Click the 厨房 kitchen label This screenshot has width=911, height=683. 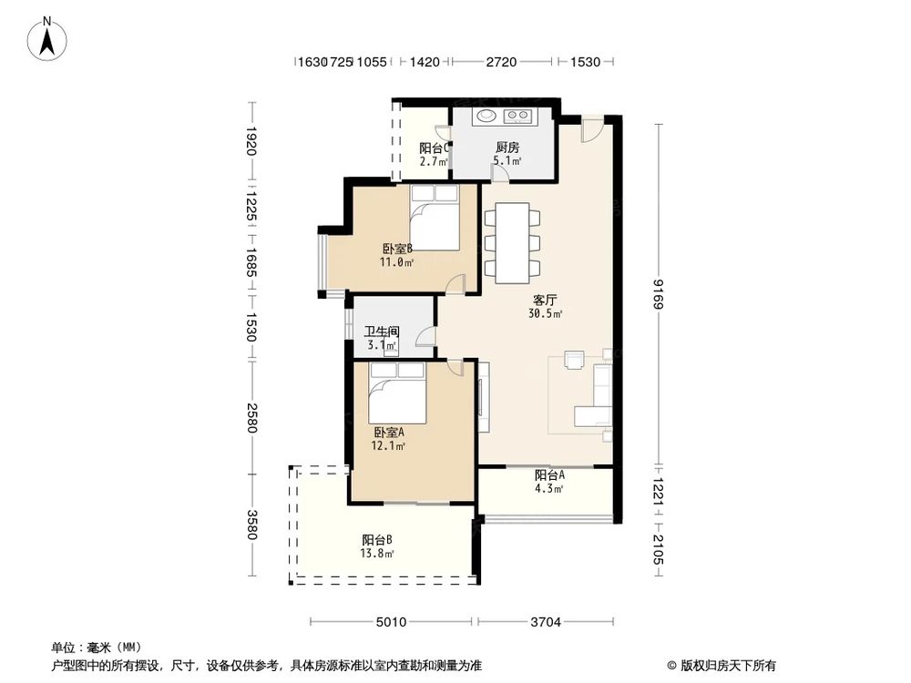[x=507, y=148]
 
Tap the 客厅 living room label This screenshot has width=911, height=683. [x=545, y=300]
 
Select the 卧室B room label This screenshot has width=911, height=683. [x=397, y=249]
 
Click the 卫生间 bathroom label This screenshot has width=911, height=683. [x=382, y=332]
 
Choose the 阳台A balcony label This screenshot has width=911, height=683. [x=549, y=474]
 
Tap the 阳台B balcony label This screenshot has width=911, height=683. [x=377, y=539]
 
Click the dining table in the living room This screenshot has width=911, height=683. [x=512, y=243]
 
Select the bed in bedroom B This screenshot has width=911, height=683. [x=434, y=218]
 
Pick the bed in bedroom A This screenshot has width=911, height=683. [x=397, y=395]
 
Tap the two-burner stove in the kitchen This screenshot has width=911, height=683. [x=518, y=116]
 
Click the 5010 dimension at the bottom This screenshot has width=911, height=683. [x=392, y=623]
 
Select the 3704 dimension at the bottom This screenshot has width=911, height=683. [x=545, y=623]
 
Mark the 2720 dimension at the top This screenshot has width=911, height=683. [x=501, y=62]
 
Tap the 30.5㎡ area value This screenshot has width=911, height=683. [x=545, y=314]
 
